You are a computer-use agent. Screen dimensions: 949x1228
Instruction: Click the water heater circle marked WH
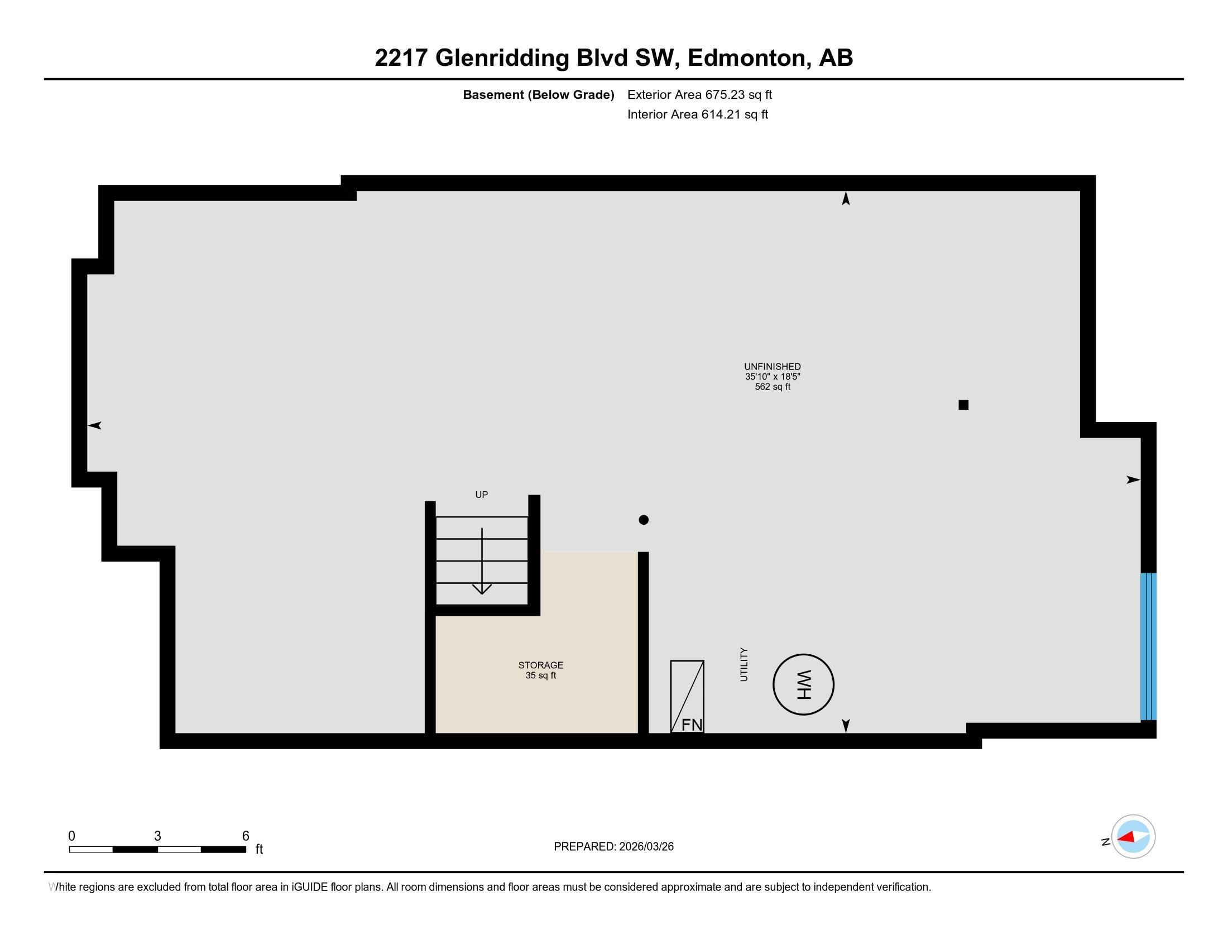[x=803, y=684]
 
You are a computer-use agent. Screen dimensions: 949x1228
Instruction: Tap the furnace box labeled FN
[x=687, y=697]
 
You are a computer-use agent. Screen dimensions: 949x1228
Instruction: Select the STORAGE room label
[x=540, y=665]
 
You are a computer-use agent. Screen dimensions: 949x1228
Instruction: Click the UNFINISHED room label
[x=772, y=367]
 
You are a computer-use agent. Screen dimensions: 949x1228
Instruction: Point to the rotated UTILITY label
[x=744, y=664]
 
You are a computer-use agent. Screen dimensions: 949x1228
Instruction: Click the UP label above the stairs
[x=481, y=495]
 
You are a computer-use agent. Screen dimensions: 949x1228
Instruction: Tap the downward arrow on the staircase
[x=482, y=562]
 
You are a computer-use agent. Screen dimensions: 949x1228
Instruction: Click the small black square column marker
[x=963, y=405]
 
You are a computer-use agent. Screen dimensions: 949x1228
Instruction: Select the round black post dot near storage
[x=644, y=520]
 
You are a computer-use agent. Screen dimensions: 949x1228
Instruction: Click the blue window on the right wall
[x=1148, y=646]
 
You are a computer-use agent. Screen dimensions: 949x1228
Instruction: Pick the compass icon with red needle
[x=1133, y=837]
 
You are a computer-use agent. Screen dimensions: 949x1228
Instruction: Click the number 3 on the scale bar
[x=157, y=836]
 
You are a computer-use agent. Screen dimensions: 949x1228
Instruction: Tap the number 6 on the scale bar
[x=245, y=836]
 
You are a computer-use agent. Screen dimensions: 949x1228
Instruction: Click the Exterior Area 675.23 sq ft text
[x=699, y=95]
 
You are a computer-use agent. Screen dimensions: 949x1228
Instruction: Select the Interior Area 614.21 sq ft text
[x=697, y=114]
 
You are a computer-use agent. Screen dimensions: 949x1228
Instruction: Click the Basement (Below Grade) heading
[x=538, y=95]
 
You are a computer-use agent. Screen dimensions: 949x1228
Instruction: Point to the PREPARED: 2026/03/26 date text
[x=613, y=847]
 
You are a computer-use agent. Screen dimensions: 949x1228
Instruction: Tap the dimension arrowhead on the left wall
[x=94, y=425]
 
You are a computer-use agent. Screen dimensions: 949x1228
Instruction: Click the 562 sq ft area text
[x=772, y=387]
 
